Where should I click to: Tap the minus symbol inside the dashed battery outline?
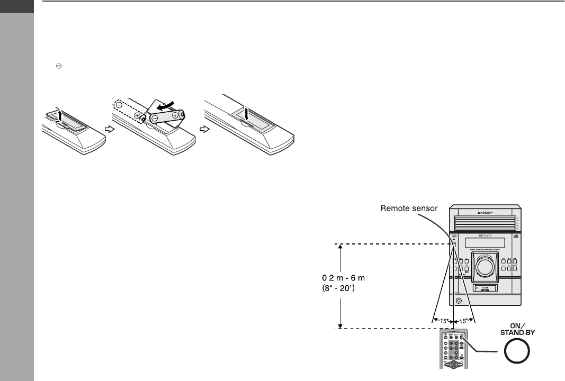pos(120,104)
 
